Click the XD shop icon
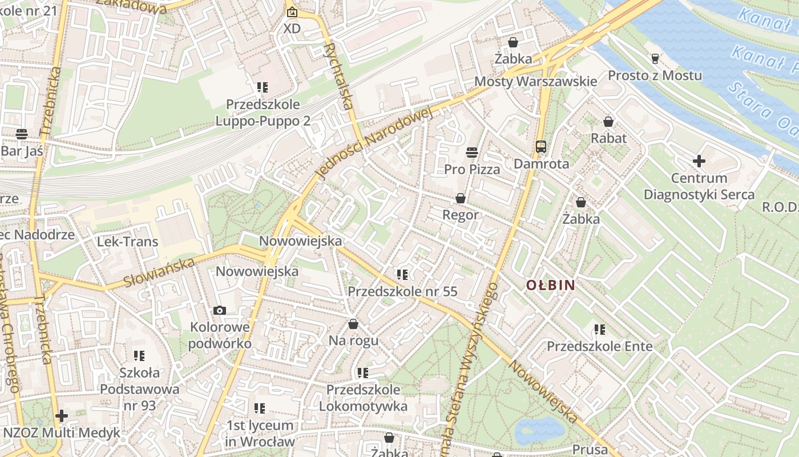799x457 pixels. (292, 12)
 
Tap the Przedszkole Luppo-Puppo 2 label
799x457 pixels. (263, 113)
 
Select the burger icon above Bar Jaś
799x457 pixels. (22, 134)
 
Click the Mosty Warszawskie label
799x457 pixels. (536, 81)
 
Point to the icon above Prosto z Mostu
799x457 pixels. (655, 58)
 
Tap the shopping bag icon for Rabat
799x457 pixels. (608, 122)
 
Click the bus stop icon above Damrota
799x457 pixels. (541, 147)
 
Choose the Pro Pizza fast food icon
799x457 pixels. (471, 153)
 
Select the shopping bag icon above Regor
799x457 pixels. (461, 198)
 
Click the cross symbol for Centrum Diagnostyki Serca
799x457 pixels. (699, 161)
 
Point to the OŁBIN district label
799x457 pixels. (550, 285)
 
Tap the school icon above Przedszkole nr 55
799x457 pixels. (403, 275)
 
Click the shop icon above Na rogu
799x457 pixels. (353, 324)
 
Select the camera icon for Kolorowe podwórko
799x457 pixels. (220, 310)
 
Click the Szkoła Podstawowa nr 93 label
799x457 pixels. (140, 389)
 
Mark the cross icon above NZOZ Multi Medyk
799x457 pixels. (62, 416)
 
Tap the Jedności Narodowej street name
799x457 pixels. (374, 143)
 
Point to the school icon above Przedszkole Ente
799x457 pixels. (599, 330)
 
